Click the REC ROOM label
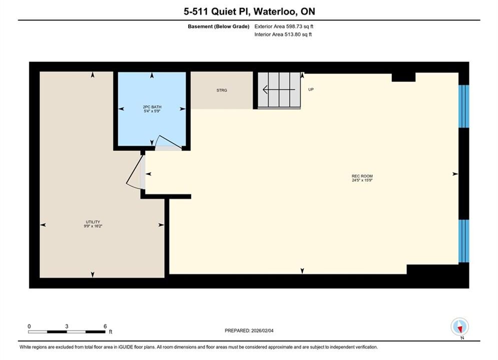coord(362,176)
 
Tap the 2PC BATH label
coord(152,107)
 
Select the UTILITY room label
coord(93,222)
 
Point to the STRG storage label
coord(222,90)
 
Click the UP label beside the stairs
coord(311,89)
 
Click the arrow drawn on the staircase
coord(279,90)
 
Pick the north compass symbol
coord(459,327)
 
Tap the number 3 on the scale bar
coord(67,326)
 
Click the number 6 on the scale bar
coord(105,326)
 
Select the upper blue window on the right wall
coord(463,106)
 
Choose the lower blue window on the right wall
coord(463,241)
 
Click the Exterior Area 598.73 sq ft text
coord(284,26)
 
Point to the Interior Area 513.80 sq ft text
coord(283,34)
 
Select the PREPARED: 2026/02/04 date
coord(249,330)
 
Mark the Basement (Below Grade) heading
coord(219,26)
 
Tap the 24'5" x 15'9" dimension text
coord(362,180)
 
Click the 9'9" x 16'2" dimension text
coord(93,226)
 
